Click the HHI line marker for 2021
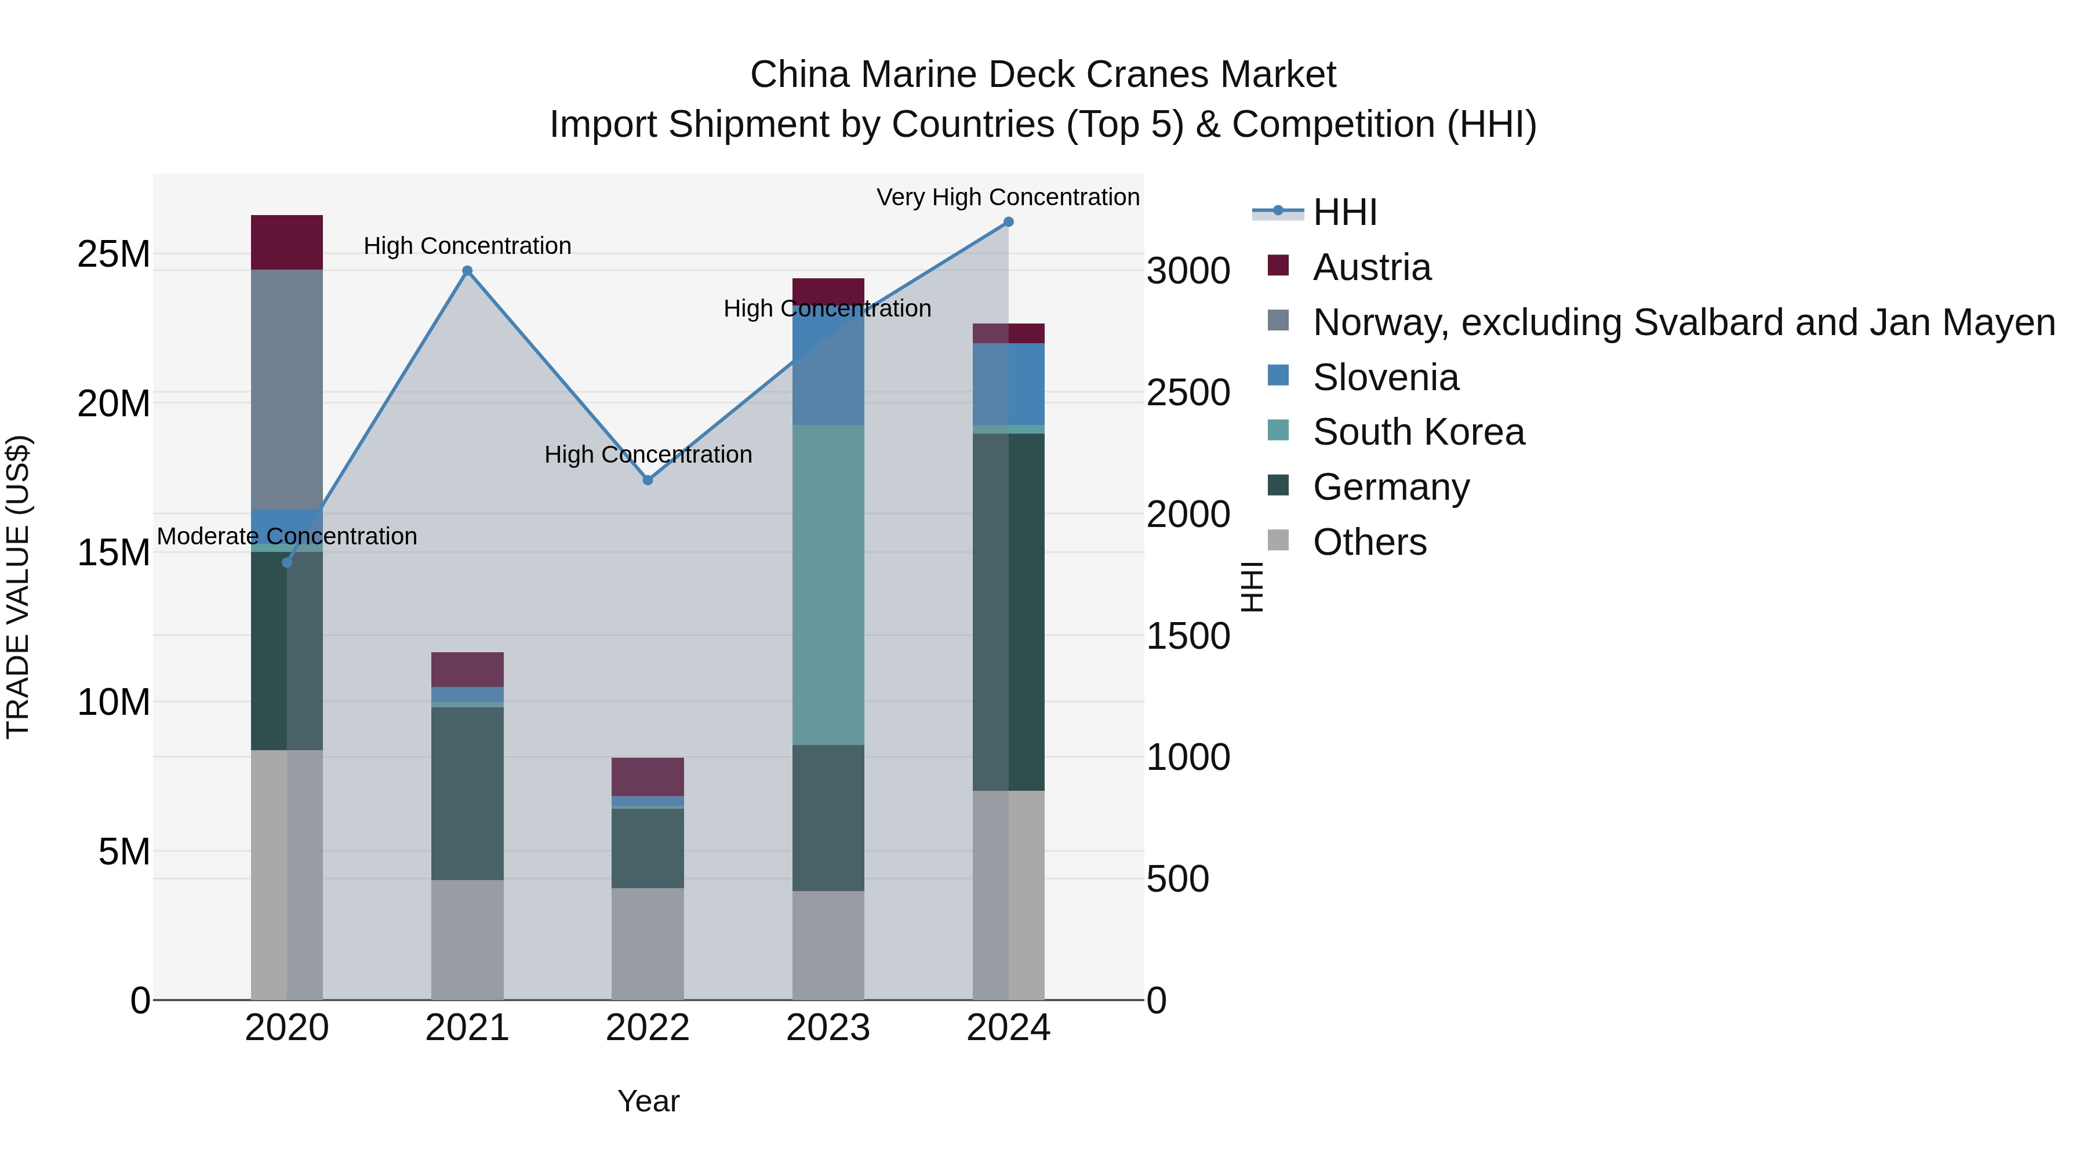(467, 271)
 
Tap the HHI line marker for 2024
(1009, 222)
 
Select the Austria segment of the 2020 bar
(287, 242)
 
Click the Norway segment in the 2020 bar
(287, 389)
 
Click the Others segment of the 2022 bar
(648, 944)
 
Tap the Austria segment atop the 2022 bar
(648, 777)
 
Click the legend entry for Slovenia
(1386, 377)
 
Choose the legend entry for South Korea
(1418, 432)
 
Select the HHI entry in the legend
(1345, 212)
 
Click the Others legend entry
(1369, 542)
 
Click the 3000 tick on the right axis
(1188, 271)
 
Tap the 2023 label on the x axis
(828, 1028)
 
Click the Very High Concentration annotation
(1008, 197)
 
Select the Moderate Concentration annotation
(287, 536)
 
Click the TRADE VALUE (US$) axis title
(18, 587)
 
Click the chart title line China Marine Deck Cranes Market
(1043, 75)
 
